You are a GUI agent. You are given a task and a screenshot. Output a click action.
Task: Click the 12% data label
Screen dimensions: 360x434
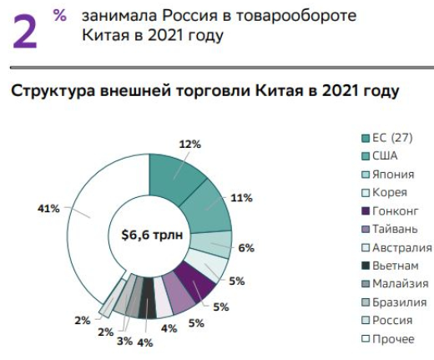coord(191,144)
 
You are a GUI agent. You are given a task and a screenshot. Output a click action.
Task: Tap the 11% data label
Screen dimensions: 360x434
coord(242,198)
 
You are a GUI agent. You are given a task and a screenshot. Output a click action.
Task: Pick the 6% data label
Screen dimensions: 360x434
coord(247,248)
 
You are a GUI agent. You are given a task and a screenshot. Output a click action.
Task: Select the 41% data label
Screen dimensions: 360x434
coord(49,208)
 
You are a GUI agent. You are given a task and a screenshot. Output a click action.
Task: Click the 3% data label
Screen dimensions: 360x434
coord(124,341)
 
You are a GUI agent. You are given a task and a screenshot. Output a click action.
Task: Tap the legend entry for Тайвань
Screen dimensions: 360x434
coord(397,229)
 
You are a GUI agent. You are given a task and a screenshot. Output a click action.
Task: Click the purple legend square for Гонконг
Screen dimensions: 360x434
coord(365,210)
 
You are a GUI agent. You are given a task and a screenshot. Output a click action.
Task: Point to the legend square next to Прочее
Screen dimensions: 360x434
coord(365,338)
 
